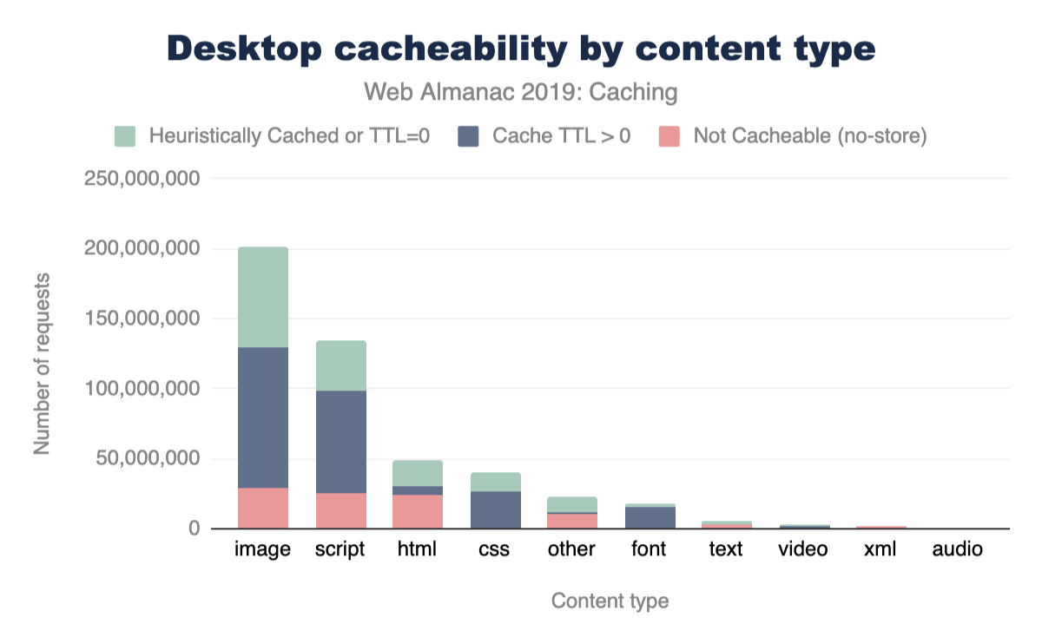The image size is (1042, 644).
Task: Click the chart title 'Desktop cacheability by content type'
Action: (x=521, y=49)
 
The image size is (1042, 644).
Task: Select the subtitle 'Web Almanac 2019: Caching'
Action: (x=521, y=92)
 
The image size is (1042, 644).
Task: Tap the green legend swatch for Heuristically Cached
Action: (x=125, y=136)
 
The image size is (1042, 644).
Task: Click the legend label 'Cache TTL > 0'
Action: (x=561, y=136)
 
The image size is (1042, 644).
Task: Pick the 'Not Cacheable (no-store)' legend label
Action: (x=809, y=136)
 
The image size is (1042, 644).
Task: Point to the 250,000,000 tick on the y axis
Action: (x=142, y=179)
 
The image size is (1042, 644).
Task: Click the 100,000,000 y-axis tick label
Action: (x=142, y=389)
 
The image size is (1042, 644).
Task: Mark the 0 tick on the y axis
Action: (x=194, y=529)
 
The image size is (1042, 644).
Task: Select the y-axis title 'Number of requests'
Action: (x=42, y=363)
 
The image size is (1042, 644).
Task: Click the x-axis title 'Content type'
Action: (x=610, y=601)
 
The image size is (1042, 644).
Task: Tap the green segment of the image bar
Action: (x=262, y=297)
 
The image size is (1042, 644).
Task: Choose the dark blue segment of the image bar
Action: (x=262, y=417)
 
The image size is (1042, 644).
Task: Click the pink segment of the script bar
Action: (x=340, y=510)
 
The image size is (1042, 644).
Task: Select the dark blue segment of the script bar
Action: (x=340, y=442)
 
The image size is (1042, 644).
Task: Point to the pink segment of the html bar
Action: (x=418, y=511)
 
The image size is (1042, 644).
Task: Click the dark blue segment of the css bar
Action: (x=495, y=509)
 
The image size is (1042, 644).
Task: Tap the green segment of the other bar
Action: (x=572, y=504)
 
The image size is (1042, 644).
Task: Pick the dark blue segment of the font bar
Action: (x=650, y=517)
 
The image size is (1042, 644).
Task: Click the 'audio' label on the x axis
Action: (x=958, y=549)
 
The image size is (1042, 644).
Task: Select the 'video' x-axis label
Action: (x=803, y=549)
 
